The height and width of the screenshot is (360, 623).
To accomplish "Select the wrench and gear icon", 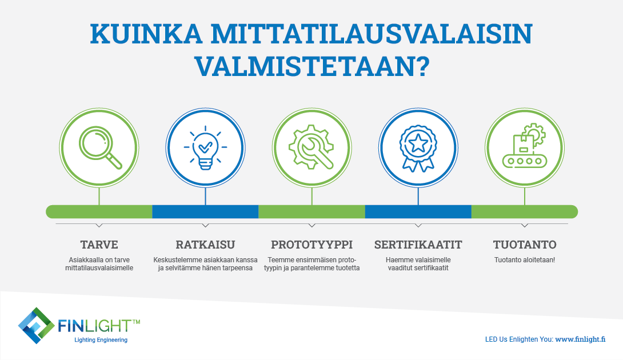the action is coord(311,147).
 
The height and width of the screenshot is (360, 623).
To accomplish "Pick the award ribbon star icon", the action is coord(418,149).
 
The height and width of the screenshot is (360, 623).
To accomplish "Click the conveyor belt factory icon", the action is coord(525,146).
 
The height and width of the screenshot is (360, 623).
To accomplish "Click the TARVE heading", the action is coord(99,245).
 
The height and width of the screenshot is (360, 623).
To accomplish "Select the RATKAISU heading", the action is coord(205,245).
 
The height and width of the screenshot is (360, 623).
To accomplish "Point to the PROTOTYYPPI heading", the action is coord(312,245).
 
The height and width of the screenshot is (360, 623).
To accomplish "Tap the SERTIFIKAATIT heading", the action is coord(418,245).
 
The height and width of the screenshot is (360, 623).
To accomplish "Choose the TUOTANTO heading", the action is coord(525,245).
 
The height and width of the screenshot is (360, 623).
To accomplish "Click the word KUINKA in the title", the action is coord(146,34).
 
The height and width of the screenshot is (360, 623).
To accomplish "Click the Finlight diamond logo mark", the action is coord(36,326).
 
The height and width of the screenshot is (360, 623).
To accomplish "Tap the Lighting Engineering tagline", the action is coord(101,340).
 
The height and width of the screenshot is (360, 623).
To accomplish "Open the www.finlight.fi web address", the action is coord(580,339).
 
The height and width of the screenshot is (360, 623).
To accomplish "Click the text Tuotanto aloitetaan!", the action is coord(525,260).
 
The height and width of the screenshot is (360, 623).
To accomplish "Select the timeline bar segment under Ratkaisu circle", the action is coord(205,211).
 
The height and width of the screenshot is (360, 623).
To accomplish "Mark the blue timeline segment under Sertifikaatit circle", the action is coord(418,211).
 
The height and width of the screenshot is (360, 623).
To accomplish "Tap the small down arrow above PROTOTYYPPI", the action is coord(312,225).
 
